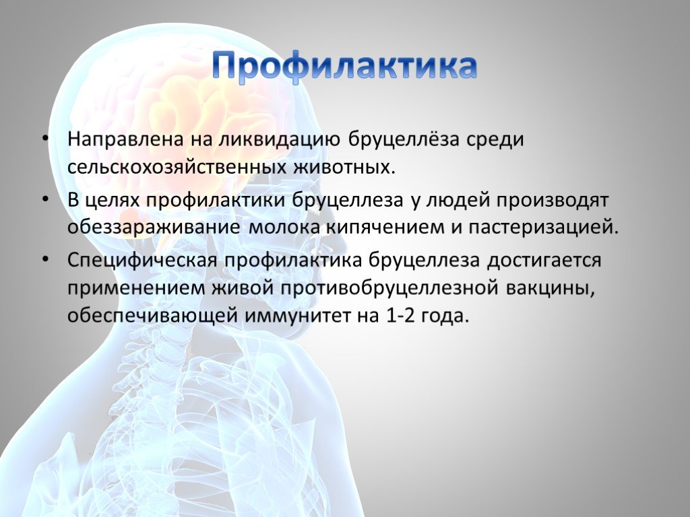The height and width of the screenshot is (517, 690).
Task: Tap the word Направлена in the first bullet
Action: click(x=125, y=140)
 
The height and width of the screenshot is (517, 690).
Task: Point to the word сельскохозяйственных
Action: click(x=175, y=168)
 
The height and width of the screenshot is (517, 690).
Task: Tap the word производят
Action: click(x=553, y=201)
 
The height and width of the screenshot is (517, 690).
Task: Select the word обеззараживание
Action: click(x=154, y=228)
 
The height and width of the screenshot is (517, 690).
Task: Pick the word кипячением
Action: click(x=383, y=228)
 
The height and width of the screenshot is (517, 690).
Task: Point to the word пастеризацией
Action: click(x=544, y=228)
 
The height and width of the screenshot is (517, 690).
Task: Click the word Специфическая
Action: click(x=142, y=261)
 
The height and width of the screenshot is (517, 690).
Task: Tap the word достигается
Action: click(x=544, y=261)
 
